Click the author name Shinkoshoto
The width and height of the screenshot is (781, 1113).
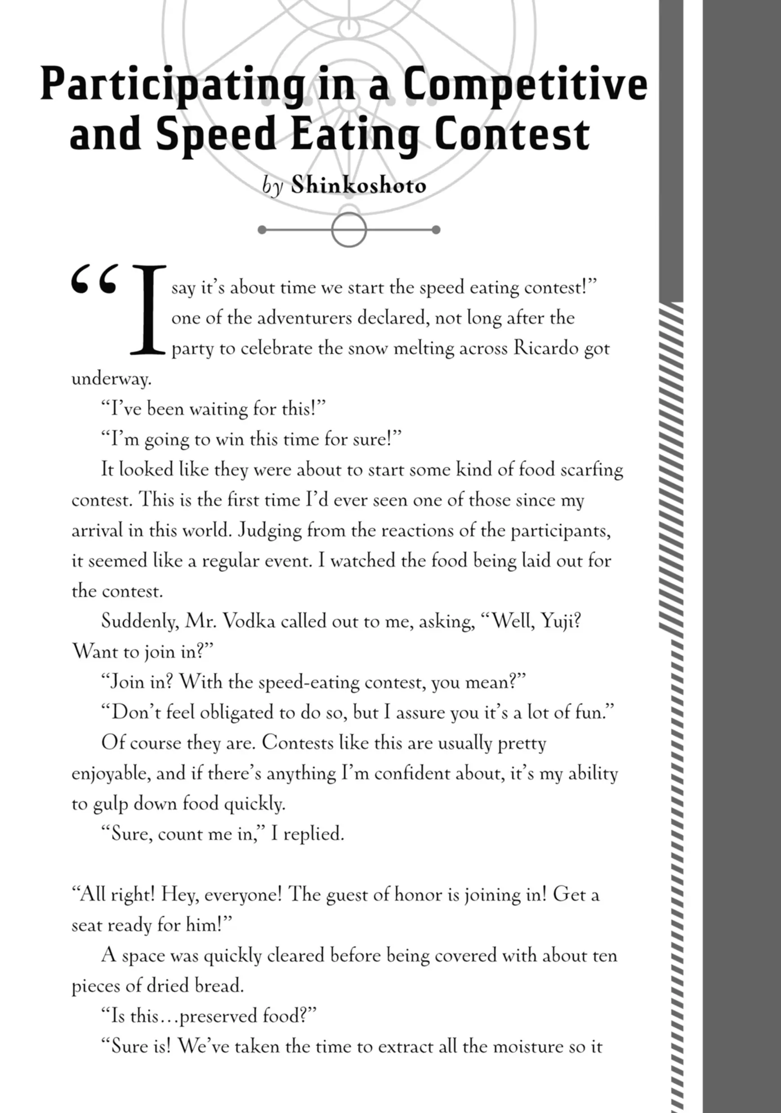click(x=359, y=185)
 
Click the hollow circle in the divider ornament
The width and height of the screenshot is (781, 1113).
click(x=348, y=230)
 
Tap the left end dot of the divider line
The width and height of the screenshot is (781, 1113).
click(x=262, y=230)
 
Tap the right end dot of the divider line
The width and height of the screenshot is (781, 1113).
click(x=436, y=230)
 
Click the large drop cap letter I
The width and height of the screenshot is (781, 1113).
click(x=147, y=310)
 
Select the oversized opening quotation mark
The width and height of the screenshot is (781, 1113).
click(x=94, y=280)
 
